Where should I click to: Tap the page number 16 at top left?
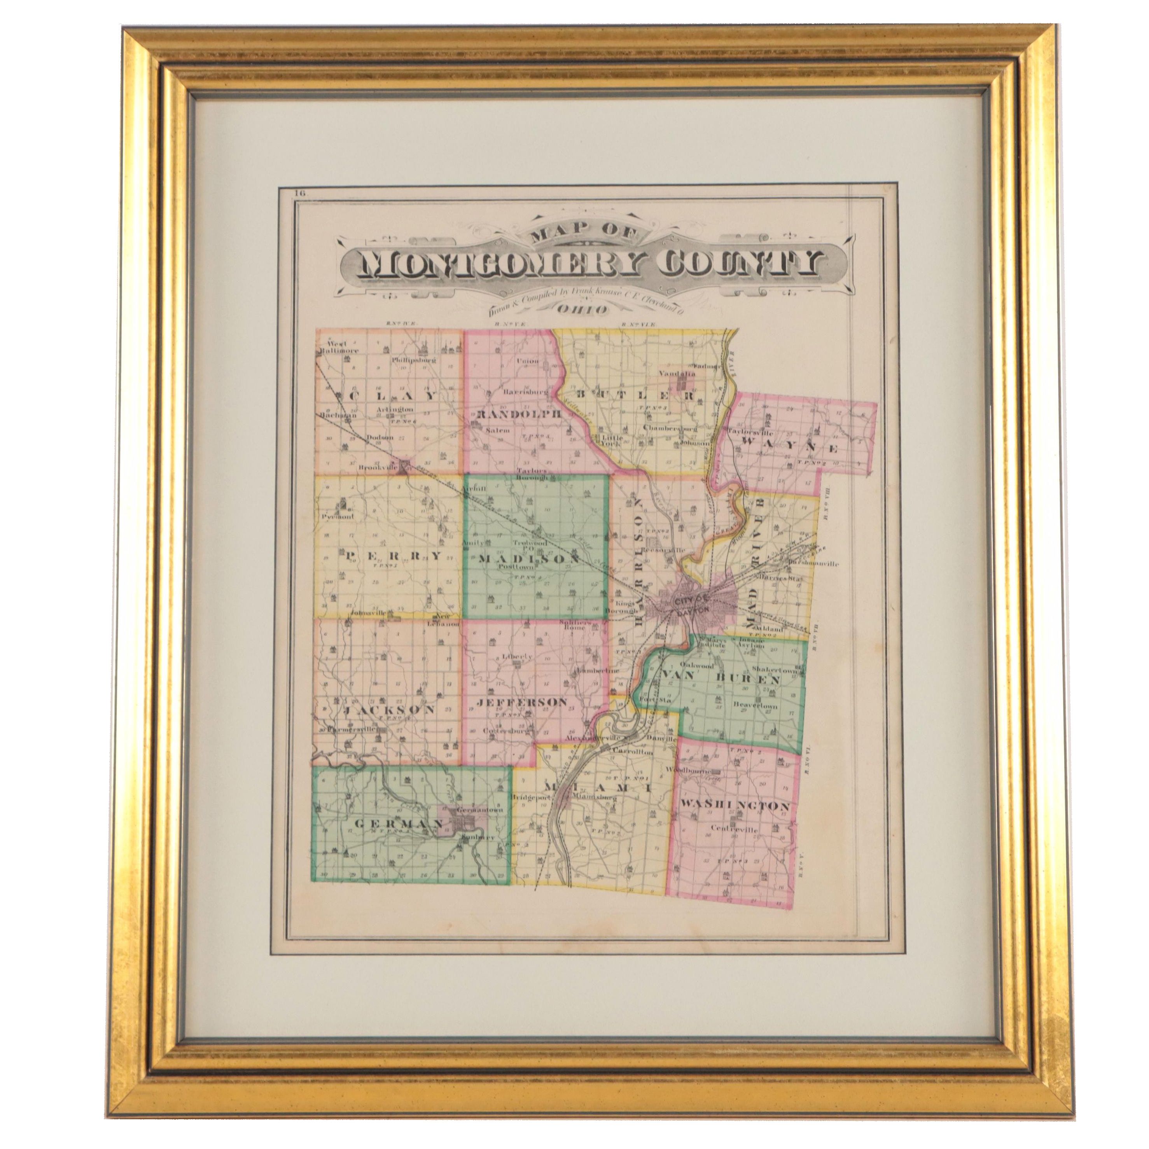tap(299, 192)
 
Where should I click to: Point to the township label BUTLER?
tap(624, 394)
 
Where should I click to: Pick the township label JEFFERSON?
tap(521, 702)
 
